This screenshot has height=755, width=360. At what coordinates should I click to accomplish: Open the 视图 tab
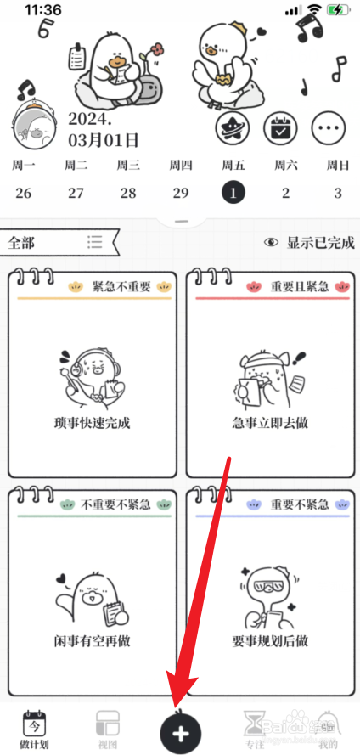coord(106,723)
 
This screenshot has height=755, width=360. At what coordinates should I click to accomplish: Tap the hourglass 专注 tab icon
coord(254,723)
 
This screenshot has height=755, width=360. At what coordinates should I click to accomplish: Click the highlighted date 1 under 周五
coord(233,193)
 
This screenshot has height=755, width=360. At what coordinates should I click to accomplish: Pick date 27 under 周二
coord(76,193)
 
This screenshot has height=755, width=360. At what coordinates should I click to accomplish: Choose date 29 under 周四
coord(180,193)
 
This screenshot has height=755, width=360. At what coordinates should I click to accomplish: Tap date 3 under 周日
coord(337,193)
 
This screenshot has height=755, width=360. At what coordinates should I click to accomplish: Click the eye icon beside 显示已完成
coord(272,242)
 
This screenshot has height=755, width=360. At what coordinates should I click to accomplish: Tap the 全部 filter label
coord(22,243)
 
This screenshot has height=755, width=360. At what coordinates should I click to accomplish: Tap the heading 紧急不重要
coord(121,287)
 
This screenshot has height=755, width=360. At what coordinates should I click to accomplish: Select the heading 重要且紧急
coord(300,287)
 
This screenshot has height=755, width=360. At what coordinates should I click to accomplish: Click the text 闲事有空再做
coord(92,640)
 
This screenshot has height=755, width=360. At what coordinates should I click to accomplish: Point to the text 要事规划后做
coord(270,640)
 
